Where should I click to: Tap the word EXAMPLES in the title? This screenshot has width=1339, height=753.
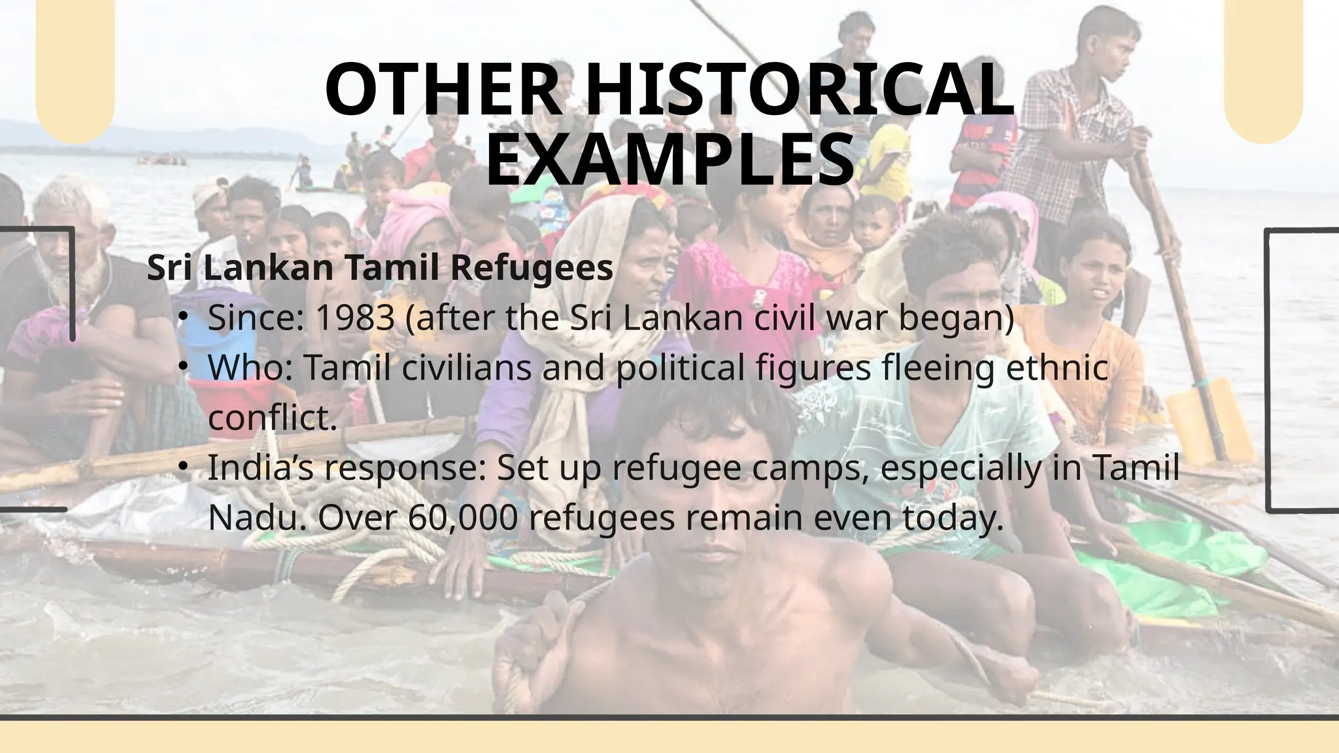point(670,160)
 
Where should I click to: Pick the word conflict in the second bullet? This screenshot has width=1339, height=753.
point(272,418)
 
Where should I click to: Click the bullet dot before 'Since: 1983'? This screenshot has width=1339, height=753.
point(185,317)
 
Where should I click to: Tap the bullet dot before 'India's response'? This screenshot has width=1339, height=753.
point(185,467)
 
